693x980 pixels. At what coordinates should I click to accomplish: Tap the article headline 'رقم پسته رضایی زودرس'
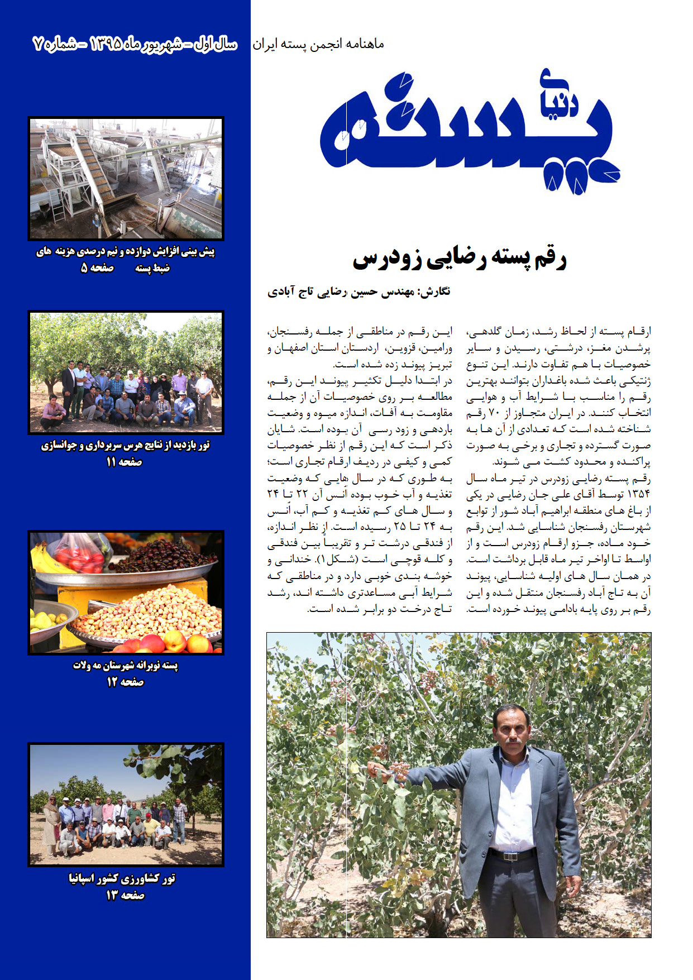coord(460,259)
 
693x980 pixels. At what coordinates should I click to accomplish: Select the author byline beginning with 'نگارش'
coord(359,292)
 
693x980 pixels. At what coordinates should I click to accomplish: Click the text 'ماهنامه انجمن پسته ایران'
coord(318,44)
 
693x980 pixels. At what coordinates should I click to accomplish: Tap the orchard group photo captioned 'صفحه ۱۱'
coord(126,372)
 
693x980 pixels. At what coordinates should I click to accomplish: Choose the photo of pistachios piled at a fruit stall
coord(126,592)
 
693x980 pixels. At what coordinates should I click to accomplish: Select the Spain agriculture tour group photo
coord(126,805)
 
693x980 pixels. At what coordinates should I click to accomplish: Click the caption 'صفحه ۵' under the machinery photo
coord(97,269)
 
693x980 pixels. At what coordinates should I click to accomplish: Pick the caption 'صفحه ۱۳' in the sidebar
coord(125,896)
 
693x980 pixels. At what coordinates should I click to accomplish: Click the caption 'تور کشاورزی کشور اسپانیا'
coord(122,879)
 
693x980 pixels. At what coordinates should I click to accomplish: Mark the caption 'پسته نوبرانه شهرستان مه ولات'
coord(126,666)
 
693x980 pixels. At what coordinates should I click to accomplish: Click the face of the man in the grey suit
coord(512,729)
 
